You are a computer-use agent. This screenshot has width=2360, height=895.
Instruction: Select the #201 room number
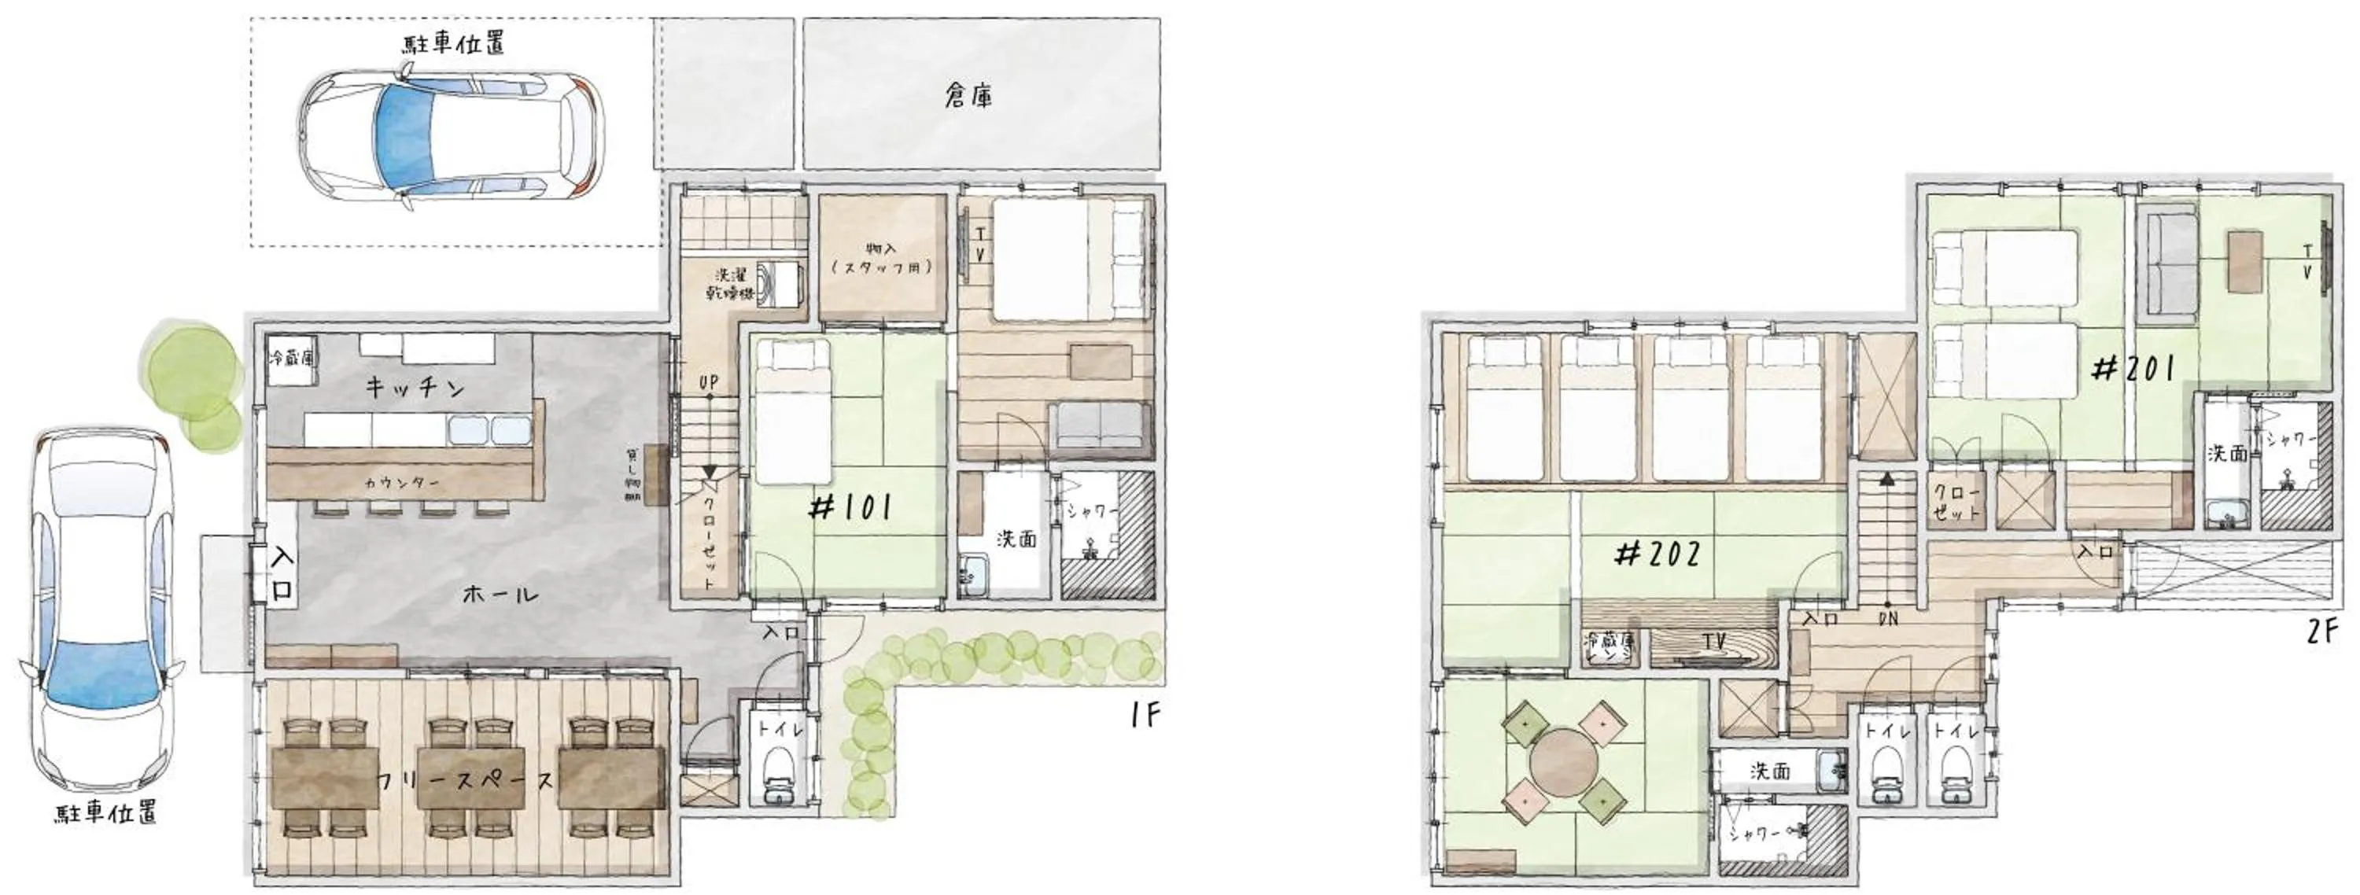point(2133,370)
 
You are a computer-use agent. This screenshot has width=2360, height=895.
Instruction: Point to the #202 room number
point(1659,554)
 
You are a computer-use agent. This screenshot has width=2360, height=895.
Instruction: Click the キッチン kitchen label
point(416,388)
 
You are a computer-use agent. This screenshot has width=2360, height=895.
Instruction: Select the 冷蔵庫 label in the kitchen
point(291,358)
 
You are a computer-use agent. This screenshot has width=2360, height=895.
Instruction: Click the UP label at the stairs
point(708,382)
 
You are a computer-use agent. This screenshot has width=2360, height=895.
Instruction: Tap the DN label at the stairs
point(1888,618)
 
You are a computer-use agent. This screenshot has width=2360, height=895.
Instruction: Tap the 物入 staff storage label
point(881,258)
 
